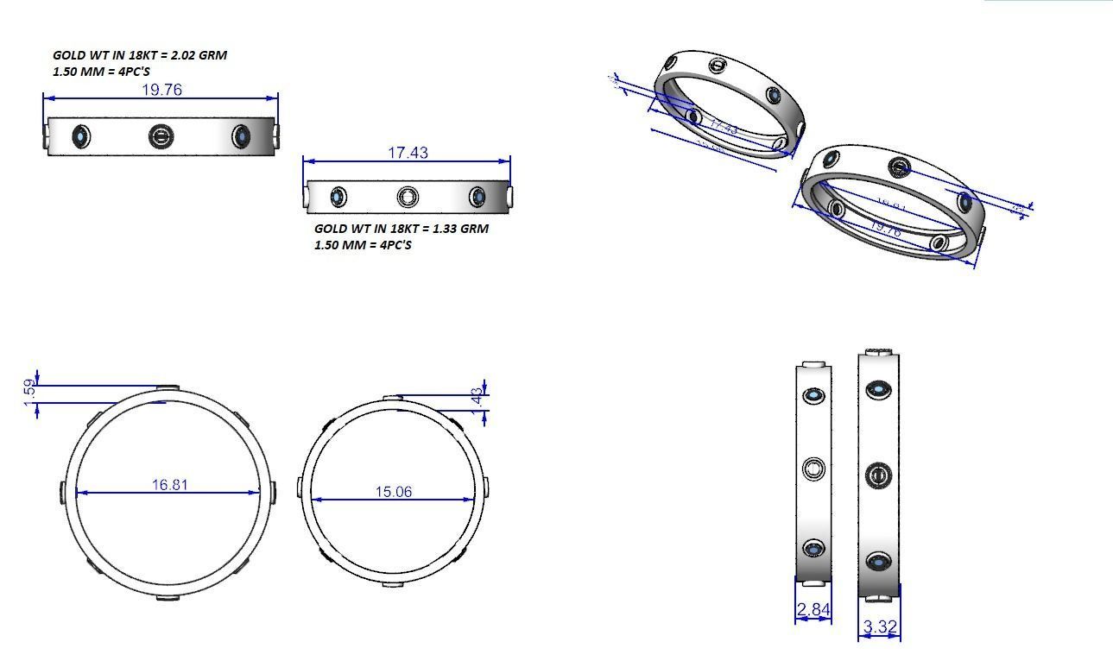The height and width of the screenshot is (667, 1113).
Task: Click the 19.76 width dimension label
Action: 161,90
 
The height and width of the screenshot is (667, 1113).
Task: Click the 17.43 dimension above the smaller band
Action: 408,153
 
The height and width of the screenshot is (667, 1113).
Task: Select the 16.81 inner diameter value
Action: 169,485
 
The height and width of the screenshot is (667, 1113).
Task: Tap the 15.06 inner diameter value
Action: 393,492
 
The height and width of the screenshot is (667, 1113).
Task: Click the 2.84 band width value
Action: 813,610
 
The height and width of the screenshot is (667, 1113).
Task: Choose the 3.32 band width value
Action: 879,627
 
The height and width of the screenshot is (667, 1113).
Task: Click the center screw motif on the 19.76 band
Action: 161,136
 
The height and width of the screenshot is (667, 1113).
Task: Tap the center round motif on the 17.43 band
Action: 408,197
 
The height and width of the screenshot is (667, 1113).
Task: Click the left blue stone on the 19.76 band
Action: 81,136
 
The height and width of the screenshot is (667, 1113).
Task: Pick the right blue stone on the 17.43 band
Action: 477,197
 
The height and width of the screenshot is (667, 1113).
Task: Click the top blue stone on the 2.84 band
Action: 813,396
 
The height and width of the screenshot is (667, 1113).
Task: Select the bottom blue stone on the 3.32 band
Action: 879,563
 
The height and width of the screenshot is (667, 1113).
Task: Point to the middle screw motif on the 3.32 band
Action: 879,475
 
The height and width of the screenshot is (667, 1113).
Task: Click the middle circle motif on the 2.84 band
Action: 813,469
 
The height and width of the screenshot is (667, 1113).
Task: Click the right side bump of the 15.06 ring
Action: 486,487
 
